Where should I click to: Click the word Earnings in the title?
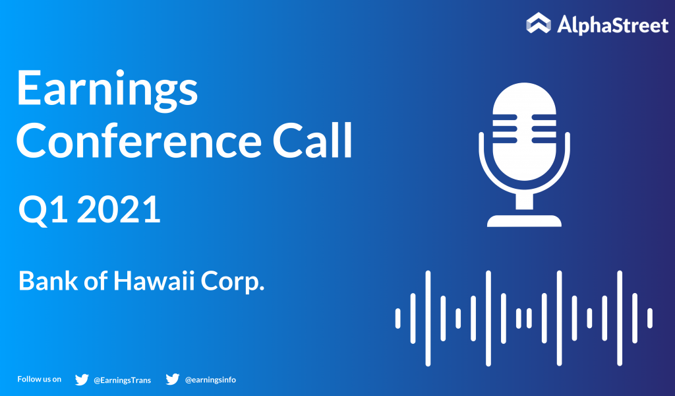(107, 91)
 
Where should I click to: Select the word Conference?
(138, 141)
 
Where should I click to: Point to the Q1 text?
(43, 210)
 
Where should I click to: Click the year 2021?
(119, 209)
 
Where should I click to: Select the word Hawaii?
(154, 281)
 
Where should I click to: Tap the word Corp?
(233, 282)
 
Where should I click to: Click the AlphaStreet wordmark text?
(612, 24)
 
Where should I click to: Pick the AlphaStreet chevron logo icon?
(538, 23)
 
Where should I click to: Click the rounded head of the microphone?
(524, 131)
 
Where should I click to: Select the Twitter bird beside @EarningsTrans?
(81, 379)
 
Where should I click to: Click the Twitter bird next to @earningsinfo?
(172, 379)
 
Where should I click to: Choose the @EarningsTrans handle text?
(122, 380)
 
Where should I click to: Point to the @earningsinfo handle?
(210, 379)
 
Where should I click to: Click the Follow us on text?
(39, 379)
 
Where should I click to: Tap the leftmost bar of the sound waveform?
(397, 318)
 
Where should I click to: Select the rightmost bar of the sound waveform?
(650, 318)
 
